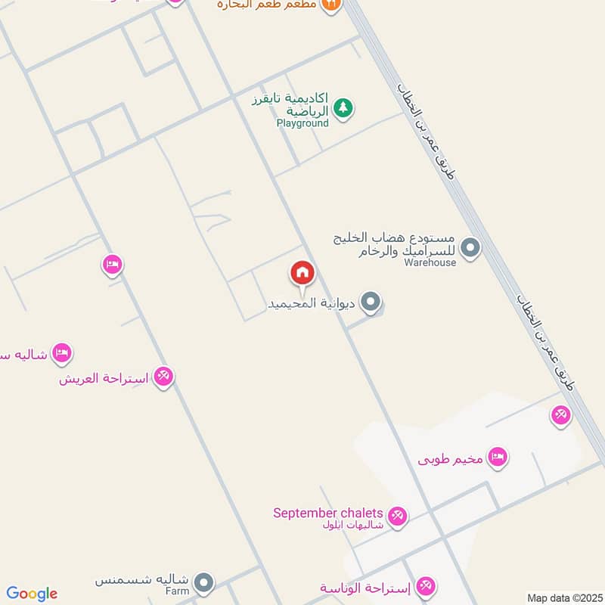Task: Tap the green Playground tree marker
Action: point(344,108)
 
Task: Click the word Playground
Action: point(302,123)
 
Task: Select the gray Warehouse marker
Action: point(470,247)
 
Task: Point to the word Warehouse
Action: point(430,262)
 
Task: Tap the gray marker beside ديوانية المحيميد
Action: point(370,303)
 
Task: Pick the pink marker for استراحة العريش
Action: point(164,376)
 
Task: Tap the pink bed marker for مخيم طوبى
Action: point(497,457)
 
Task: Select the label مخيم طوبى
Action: point(451,458)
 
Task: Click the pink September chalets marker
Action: point(398,517)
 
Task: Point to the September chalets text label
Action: point(329,513)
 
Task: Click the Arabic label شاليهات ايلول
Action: point(353,526)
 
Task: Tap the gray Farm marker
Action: point(203,582)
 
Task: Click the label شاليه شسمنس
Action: point(142,580)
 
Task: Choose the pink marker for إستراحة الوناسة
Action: point(427,586)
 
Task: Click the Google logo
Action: point(32,594)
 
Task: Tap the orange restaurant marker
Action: point(330,5)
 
